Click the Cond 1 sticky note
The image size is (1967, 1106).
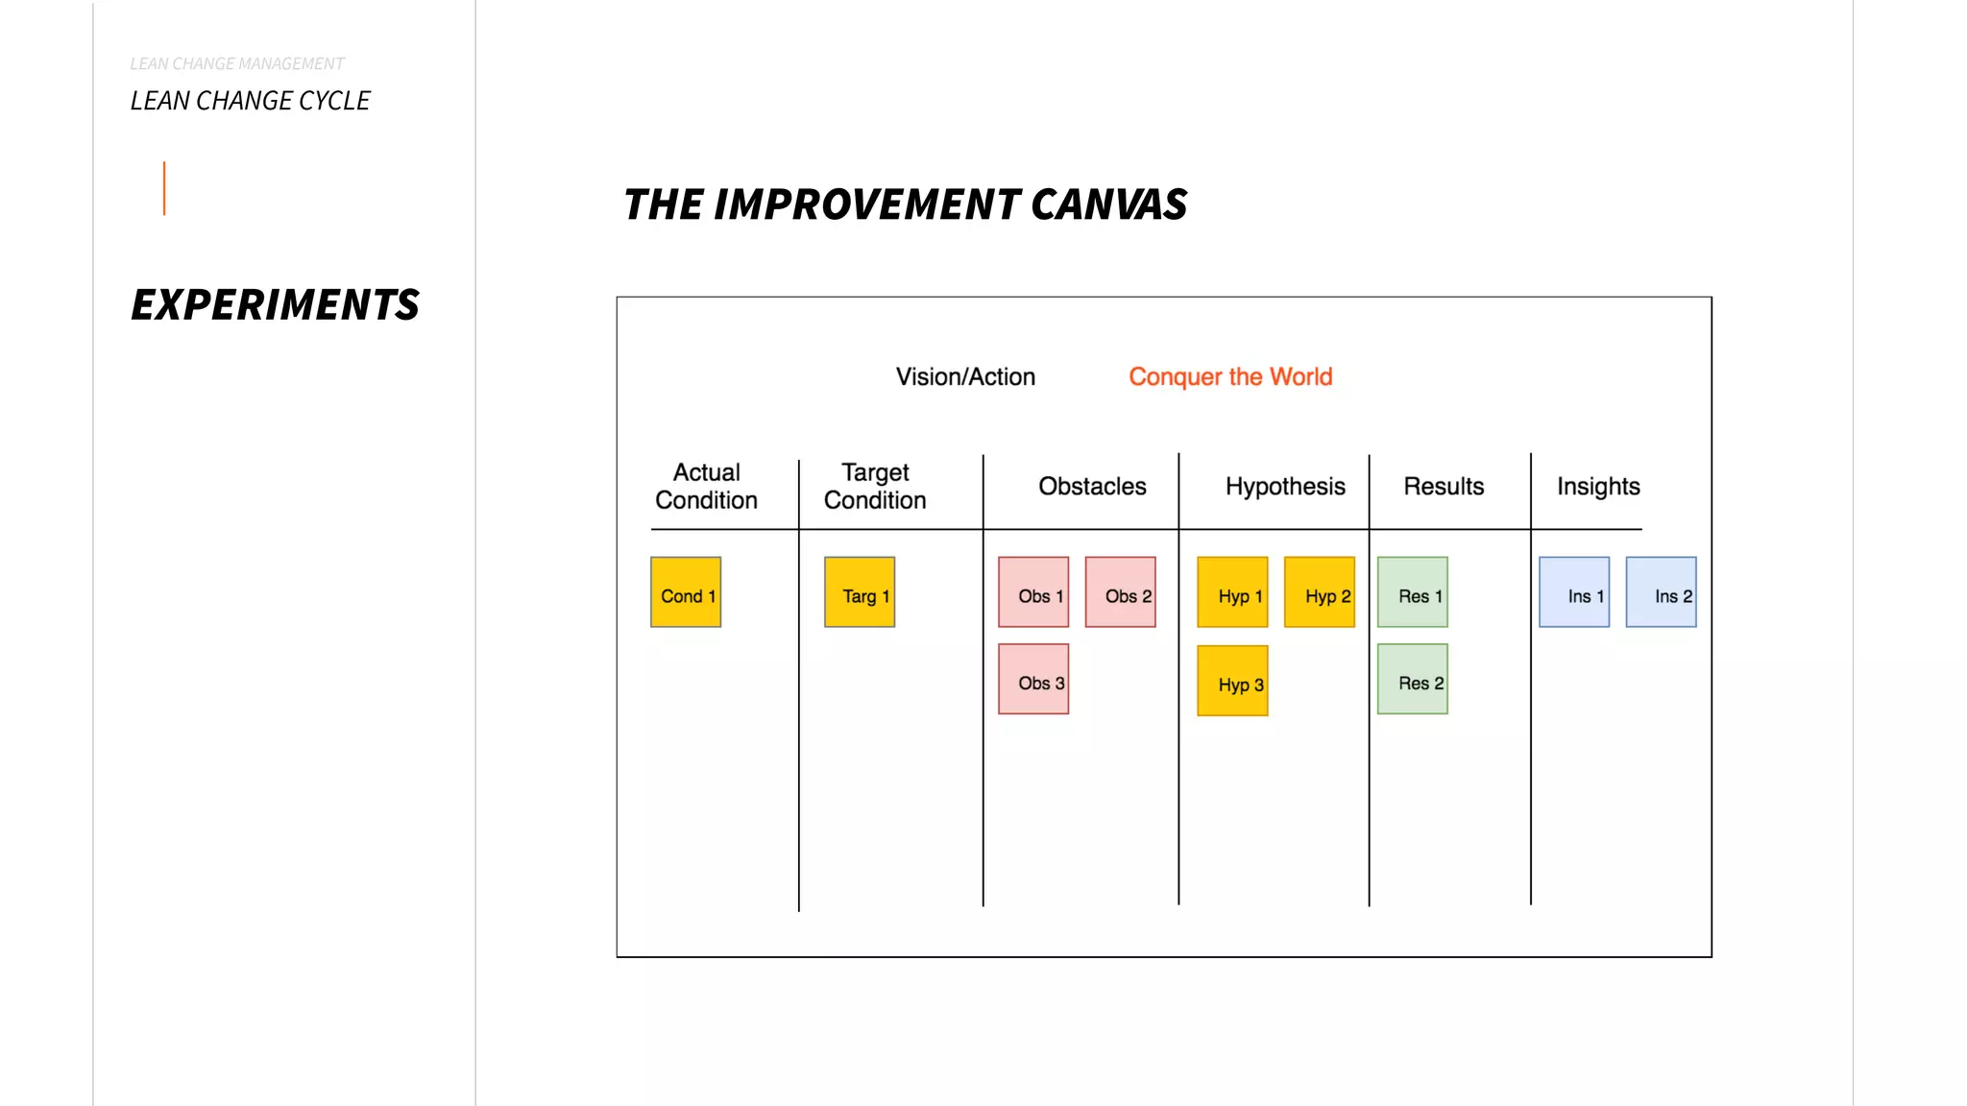tap(686, 592)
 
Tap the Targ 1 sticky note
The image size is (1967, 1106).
tap(860, 592)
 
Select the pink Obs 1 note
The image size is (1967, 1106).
tap(1033, 592)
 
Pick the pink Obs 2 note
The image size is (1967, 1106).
tap(1120, 592)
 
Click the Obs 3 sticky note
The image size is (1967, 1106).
tap(1033, 679)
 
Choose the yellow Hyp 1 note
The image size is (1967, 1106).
tap(1232, 592)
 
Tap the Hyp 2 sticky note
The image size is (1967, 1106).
tap(1320, 592)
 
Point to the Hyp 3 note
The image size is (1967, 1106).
tap(1232, 681)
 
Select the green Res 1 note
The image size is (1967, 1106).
tap(1412, 592)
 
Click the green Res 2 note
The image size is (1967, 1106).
tap(1412, 679)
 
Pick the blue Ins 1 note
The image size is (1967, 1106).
tap(1574, 592)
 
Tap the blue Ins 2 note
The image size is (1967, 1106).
tap(1661, 592)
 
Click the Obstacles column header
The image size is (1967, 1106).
tap(1092, 487)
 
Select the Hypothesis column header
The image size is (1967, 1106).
tap(1285, 487)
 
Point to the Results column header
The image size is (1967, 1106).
tap(1444, 487)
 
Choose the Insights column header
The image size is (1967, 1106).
tap(1598, 487)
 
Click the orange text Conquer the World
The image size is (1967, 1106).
tap(1230, 376)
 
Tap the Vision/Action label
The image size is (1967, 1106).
tap(965, 376)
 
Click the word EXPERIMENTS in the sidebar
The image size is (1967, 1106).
tap(275, 304)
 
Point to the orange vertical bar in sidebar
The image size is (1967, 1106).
tap(164, 188)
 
